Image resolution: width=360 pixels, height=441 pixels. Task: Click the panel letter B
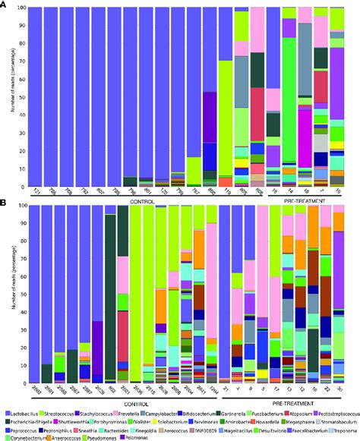coord(5,203)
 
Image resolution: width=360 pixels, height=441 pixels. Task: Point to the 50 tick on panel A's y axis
coord(25,97)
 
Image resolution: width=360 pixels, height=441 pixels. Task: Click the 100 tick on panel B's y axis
coord(24,205)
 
